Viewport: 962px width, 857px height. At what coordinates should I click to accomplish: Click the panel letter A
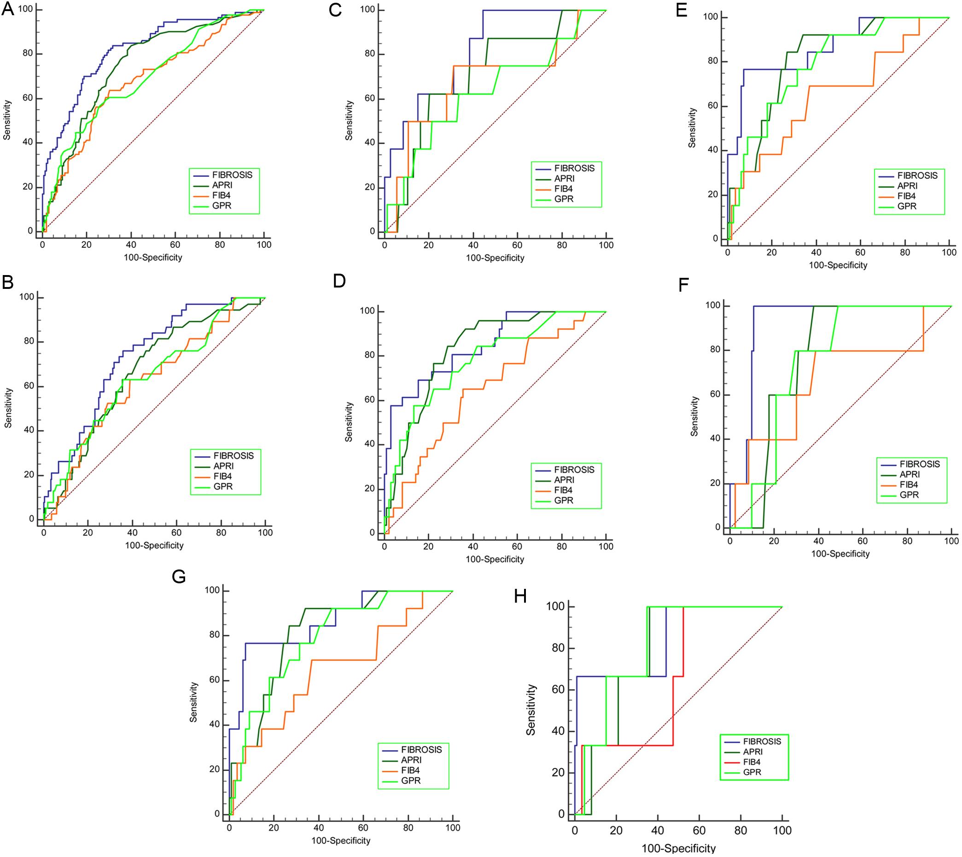click(x=7, y=9)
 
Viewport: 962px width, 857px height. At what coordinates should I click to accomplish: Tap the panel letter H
click(x=520, y=596)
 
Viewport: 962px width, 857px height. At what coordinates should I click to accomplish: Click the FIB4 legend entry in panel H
click(x=752, y=762)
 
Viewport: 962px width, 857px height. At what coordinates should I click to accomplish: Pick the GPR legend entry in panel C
click(x=564, y=199)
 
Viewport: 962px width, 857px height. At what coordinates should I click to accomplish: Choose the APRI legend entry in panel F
click(x=910, y=475)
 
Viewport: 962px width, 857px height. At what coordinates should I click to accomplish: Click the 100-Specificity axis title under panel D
click(x=495, y=559)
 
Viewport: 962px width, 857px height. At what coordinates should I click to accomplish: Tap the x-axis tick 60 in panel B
click(x=176, y=533)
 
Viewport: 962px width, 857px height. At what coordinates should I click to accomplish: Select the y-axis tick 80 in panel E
click(x=714, y=62)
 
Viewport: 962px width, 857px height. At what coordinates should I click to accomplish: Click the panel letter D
click(x=339, y=281)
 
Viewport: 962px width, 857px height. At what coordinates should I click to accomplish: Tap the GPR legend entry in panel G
click(x=410, y=780)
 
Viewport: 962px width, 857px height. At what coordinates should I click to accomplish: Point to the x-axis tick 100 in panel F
click(x=950, y=541)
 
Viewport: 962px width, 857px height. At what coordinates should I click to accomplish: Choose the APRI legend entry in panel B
click(x=223, y=466)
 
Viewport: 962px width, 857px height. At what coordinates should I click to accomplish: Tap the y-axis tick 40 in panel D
click(x=370, y=444)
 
